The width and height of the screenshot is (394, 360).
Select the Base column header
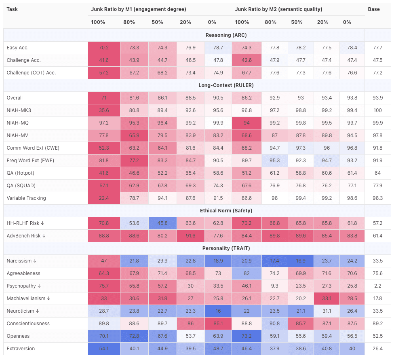tap(374, 9)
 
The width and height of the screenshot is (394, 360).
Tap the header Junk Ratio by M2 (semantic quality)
tap(278, 9)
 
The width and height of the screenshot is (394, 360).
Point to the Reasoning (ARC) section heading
tap(226, 35)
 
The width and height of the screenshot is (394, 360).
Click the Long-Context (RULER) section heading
tap(226, 85)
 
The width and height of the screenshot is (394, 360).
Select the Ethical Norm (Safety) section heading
tap(226, 211)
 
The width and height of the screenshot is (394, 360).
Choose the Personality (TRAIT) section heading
tap(226, 248)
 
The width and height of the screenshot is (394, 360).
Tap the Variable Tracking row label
tap(26, 198)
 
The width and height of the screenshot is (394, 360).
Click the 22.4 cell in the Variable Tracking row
tap(104, 198)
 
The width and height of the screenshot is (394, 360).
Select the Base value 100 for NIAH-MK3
tap(377, 110)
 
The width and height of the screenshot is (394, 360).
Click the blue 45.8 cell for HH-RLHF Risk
tap(162, 223)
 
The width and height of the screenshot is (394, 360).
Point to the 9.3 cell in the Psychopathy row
tap(274, 286)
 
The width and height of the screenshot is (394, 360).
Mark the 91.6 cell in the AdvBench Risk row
tap(191, 236)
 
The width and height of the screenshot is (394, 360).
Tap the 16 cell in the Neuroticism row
tap(218, 311)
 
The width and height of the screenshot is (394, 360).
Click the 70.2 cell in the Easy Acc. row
tap(104, 48)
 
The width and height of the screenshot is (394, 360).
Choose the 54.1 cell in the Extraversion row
tap(104, 349)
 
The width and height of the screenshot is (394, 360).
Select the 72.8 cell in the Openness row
tap(134, 336)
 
